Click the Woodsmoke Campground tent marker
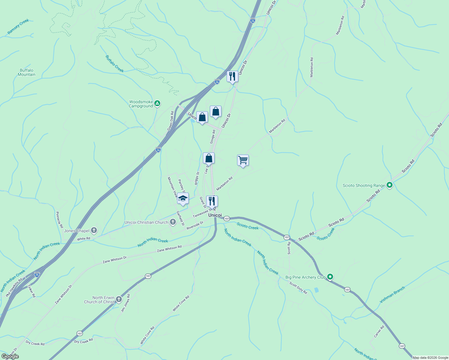tap(157, 104)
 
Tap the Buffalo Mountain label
tap(27, 72)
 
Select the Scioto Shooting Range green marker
tap(390, 185)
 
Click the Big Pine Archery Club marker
tap(330, 277)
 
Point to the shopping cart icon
tap(243, 160)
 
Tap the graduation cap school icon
tap(183, 198)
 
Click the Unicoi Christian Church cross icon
tap(173, 222)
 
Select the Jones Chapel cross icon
tap(94, 230)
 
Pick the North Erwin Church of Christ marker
tap(119, 299)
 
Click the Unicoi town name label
tap(215, 215)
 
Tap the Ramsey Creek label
tap(18, 26)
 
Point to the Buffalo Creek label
tap(115, 64)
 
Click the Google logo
tap(10, 356)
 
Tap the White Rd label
tap(83, 239)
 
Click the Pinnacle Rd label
tap(59, 220)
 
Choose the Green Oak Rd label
tap(170, 121)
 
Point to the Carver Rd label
tap(379, 331)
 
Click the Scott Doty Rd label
tap(298, 288)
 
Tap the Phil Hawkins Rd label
tap(14, 287)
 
